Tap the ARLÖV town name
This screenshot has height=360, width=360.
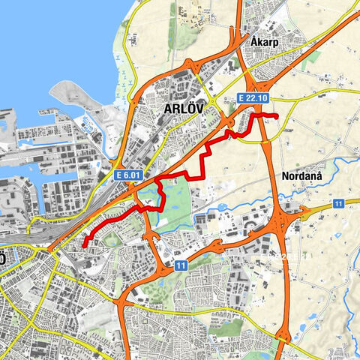pos(185,110)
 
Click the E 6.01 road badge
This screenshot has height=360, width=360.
pos(128,175)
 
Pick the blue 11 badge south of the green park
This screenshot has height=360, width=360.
pos(181,265)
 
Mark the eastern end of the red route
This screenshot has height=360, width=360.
pos(277,116)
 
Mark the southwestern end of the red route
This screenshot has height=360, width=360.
pos(85,245)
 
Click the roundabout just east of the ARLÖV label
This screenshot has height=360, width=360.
pos(212,101)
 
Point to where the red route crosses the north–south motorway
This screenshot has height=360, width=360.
pos(263,115)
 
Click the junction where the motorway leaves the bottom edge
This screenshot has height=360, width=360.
pos(283,335)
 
